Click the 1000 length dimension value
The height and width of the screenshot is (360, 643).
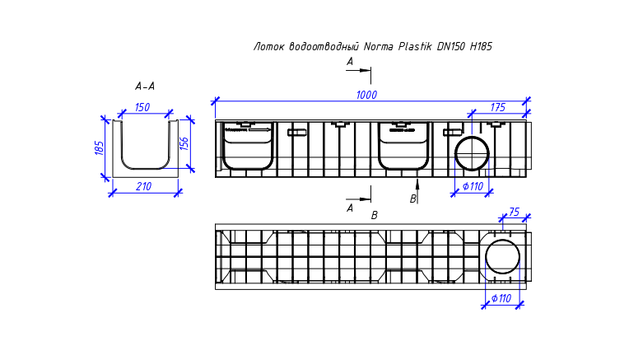click(x=366, y=95)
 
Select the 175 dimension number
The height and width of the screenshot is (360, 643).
click(x=498, y=108)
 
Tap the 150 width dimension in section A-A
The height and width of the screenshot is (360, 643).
click(x=142, y=107)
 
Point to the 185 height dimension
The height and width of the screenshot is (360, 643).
click(x=99, y=148)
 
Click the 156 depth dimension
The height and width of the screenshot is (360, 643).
click(x=184, y=143)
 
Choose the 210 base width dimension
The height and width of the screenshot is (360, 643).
click(x=143, y=186)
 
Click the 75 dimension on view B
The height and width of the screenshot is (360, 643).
click(x=514, y=212)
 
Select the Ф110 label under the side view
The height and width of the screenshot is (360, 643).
click(x=473, y=186)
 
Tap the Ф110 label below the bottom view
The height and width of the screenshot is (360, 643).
click(x=501, y=298)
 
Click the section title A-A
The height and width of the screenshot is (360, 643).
click(x=145, y=86)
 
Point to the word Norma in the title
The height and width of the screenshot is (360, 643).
click(x=379, y=46)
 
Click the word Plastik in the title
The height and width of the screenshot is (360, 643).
click(x=415, y=46)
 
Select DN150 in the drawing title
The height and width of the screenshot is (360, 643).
click(x=451, y=46)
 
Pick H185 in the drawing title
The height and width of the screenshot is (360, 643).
click(x=481, y=46)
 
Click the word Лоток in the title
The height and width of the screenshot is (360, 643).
click(x=268, y=46)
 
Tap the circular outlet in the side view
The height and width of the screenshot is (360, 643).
click(x=472, y=153)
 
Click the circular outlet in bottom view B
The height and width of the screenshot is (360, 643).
click(x=502, y=257)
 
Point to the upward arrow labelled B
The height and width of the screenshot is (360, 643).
click(x=417, y=191)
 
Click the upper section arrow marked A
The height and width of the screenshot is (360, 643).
click(x=358, y=70)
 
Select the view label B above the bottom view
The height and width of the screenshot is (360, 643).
click(x=374, y=216)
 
